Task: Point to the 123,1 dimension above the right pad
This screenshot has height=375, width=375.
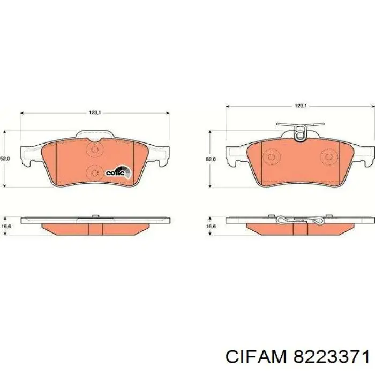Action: point(301,106)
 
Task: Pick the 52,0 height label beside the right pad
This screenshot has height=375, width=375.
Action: point(211,159)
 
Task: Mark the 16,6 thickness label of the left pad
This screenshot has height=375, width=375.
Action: point(6,227)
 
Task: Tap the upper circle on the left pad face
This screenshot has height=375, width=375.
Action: point(95,151)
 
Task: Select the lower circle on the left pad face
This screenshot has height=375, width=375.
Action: point(95,172)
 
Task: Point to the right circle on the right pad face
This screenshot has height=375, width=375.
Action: point(328,157)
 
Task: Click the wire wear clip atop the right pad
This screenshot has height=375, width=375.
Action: point(301,133)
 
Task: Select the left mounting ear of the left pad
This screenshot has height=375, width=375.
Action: point(29,155)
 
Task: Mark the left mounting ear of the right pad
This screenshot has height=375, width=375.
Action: point(236,155)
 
